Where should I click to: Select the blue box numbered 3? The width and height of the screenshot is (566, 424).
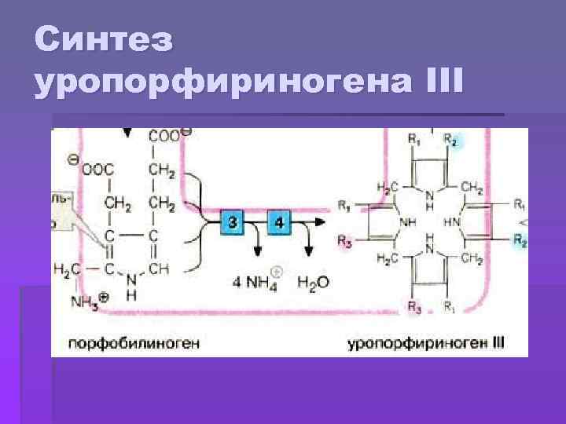(x=232, y=223)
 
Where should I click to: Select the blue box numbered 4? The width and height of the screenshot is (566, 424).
(x=279, y=223)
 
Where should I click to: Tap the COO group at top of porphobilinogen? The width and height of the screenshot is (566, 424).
(x=166, y=137)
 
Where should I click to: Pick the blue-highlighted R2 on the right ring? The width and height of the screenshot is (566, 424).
(x=520, y=242)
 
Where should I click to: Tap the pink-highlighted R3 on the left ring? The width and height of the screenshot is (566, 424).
(x=344, y=242)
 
